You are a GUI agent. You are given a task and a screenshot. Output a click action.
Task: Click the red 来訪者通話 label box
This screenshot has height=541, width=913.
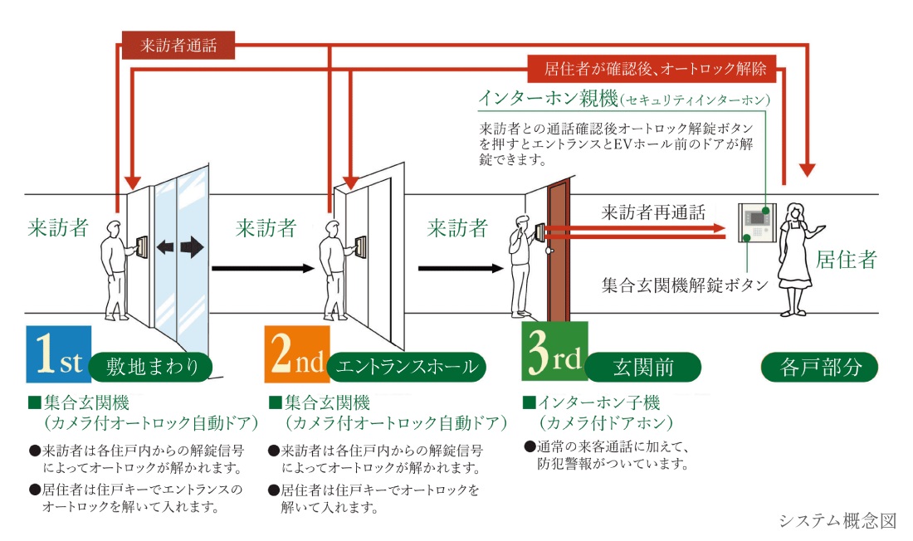(x=178, y=46)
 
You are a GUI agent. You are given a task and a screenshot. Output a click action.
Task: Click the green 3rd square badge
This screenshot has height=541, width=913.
(x=554, y=357)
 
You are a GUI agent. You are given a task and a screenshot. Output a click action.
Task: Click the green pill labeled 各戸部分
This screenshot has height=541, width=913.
(x=819, y=366)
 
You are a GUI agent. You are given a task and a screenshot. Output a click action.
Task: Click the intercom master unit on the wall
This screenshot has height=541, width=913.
(x=755, y=222)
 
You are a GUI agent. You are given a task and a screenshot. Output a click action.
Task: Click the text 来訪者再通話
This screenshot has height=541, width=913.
(x=653, y=212)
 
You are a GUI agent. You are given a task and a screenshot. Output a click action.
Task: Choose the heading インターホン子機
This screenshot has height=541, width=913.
(x=598, y=403)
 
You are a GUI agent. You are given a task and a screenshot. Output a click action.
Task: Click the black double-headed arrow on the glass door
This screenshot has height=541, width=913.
(x=180, y=247)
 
